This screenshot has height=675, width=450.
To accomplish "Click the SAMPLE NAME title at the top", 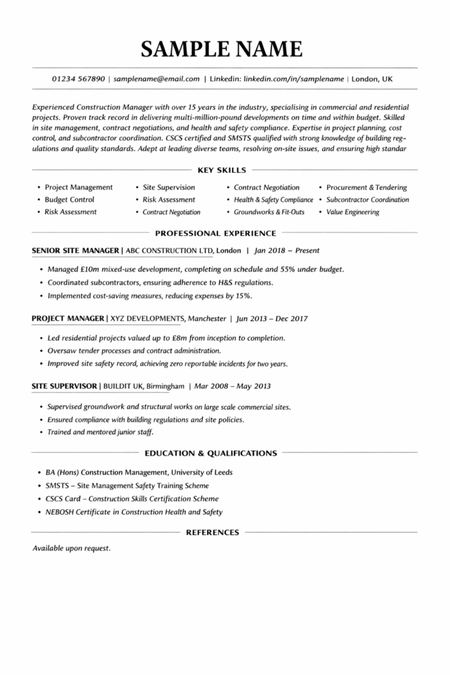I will pos(221,48).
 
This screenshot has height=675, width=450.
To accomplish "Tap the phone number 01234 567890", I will pos(78,79).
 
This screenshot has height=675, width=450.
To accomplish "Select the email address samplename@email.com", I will pos(156,79).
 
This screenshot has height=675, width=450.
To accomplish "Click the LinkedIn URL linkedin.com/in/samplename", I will pos(294,79).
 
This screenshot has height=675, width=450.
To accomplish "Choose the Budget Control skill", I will pos(69,200).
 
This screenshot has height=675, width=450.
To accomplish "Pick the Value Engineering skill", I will pos(352,212).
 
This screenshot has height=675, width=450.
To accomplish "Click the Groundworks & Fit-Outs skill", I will pos(269,212).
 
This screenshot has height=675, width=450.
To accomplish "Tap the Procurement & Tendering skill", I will pos(366,187).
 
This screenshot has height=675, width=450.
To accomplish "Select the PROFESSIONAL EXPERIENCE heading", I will pos(215,233).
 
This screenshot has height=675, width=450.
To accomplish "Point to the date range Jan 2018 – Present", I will pos(287,250).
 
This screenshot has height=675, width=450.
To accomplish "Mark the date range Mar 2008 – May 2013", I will pos(233,386).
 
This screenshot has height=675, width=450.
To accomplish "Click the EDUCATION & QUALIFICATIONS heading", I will pos(210,454).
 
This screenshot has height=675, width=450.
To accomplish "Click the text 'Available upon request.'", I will pos(71,548).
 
